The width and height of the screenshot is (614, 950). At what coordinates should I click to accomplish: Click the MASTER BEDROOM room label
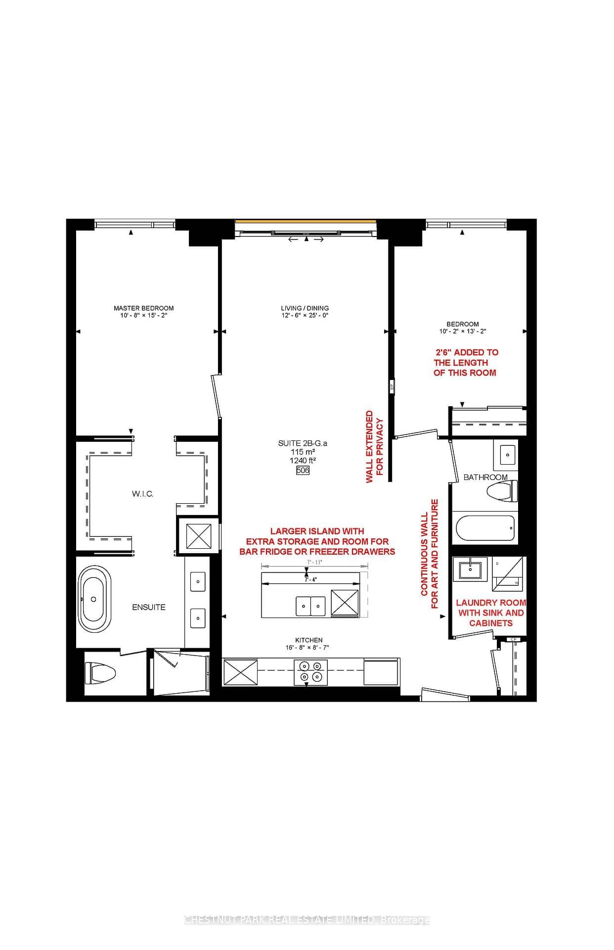[x=143, y=308]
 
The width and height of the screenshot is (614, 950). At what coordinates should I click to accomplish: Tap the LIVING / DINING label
[x=305, y=308]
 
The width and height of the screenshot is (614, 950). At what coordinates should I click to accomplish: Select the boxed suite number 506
[x=303, y=471]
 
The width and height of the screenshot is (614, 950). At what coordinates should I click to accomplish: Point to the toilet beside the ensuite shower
[x=100, y=673]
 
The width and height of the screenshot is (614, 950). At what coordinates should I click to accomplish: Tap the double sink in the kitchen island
[x=310, y=605]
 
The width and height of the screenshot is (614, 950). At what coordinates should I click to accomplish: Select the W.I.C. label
[x=142, y=494]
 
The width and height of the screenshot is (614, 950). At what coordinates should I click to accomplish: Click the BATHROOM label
[x=485, y=477]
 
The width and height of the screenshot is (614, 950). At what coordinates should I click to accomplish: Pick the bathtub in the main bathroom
[x=485, y=528]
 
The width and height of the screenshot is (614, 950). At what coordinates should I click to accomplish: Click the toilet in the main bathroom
[x=502, y=492]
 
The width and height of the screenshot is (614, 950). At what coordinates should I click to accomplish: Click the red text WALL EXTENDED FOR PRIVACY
[x=374, y=447]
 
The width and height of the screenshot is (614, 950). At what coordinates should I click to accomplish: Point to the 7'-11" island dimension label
[x=314, y=562]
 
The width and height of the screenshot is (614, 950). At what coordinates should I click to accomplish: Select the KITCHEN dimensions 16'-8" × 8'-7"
[x=309, y=647]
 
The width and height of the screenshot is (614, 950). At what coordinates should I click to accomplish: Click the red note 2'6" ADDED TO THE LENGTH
[x=465, y=362]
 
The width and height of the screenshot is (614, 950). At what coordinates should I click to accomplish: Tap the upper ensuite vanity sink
[x=198, y=581]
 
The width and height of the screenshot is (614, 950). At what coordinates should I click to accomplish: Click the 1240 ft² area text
[x=303, y=460]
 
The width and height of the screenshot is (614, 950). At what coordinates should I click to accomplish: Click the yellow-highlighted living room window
[x=306, y=222]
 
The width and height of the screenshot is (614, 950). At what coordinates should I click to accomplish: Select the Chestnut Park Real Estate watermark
[x=307, y=920]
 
